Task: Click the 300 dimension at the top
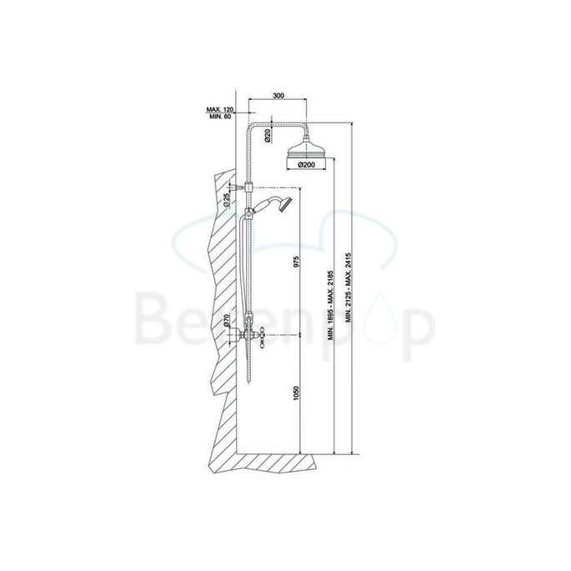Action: point(278,97)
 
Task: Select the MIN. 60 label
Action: point(219,117)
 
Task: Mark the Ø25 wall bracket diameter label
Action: point(229,200)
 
